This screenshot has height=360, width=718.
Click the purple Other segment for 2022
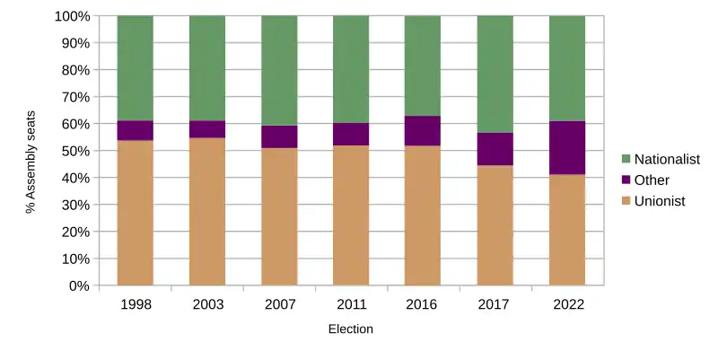[566, 147]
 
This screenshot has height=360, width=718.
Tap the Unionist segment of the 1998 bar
[135, 213]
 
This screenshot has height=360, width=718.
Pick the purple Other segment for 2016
[423, 130]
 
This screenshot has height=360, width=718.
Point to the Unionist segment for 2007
[279, 216]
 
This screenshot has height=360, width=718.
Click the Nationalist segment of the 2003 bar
[206, 68]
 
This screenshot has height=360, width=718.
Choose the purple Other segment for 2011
[351, 134]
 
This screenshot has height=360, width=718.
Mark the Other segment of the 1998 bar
[135, 130]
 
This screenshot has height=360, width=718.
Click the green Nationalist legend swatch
[626, 159]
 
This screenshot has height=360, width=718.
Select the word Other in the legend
[652, 180]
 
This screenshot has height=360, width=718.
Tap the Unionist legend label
[660, 201]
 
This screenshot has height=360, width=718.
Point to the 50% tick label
[72, 151]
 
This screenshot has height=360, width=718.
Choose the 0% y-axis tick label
[75, 285]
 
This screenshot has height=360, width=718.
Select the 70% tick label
[72, 97]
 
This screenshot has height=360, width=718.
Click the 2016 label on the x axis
[423, 304]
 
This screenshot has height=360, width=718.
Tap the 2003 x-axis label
[206, 304]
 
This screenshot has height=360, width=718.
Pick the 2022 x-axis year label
[566, 304]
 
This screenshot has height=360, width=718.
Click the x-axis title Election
[350, 329]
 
